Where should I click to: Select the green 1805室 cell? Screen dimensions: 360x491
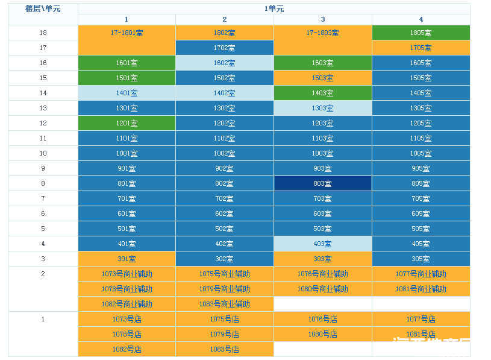coord(421,33)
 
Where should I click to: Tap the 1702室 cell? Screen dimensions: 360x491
coord(224,48)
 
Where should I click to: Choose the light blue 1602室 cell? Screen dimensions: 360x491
coord(224,63)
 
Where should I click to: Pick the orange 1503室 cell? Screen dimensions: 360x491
coord(322,78)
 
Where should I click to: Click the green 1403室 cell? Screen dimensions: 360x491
coord(322,93)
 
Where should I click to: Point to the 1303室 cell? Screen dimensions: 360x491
coord(322,109)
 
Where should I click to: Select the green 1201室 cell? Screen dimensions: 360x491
coord(127,124)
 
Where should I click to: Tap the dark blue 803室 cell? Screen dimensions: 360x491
coord(322,184)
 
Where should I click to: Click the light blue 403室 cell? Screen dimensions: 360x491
coord(322,244)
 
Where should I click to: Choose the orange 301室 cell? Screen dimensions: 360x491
coord(127,259)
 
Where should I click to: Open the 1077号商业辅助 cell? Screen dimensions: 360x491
coord(421,274)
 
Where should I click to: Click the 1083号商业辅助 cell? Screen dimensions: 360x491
coord(224,305)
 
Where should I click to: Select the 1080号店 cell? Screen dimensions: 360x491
coord(322,335)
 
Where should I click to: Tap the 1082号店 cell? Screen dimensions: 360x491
coord(127,350)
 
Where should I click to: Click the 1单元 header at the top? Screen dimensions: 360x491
coord(274,9)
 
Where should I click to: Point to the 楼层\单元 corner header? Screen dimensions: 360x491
coord(43,9)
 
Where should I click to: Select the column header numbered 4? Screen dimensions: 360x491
coord(421,20)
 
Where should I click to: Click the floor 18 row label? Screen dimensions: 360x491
coord(43,33)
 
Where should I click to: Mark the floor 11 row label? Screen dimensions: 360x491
coord(43,139)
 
